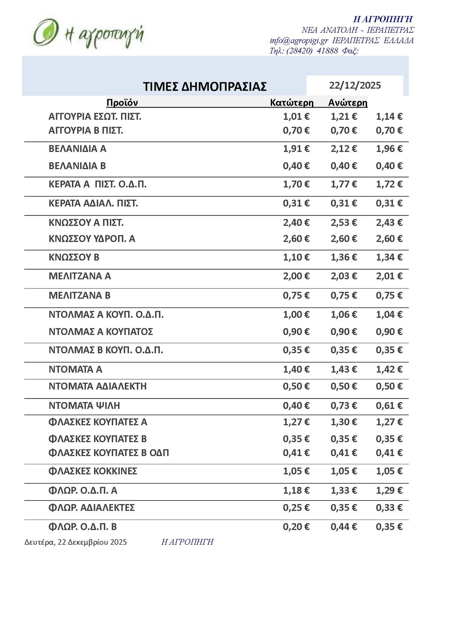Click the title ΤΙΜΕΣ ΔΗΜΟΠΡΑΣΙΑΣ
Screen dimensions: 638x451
[x=205, y=86]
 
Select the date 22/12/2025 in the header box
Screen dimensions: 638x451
[x=355, y=85]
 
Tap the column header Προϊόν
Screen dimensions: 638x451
[x=122, y=103]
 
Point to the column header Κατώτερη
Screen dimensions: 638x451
[x=292, y=103]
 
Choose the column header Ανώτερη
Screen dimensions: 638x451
[x=348, y=103]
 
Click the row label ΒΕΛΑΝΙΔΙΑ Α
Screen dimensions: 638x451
[x=77, y=149]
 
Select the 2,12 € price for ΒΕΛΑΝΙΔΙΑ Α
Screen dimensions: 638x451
[x=344, y=149]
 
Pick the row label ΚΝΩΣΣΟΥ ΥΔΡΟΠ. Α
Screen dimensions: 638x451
[x=92, y=239]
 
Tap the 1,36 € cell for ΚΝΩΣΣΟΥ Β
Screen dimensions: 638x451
[x=344, y=258]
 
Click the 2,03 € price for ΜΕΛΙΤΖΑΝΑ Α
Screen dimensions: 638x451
[x=344, y=276]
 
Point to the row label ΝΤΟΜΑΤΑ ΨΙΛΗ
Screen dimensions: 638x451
[x=84, y=406]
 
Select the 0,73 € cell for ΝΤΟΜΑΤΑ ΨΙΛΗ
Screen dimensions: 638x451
[x=344, y=406]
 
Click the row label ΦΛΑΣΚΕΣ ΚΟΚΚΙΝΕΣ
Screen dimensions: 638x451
[x=93, y=471]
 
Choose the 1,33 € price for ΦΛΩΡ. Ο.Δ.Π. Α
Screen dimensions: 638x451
[x=344, y=491]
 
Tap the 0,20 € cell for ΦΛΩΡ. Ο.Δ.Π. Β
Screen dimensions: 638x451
[x=296, y=527]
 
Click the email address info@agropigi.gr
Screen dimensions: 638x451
[x=299, y=41]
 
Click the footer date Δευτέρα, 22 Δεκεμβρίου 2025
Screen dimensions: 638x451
[x=76, y=542]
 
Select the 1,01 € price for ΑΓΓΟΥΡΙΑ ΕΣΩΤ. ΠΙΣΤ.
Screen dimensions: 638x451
[x=296, y=117]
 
